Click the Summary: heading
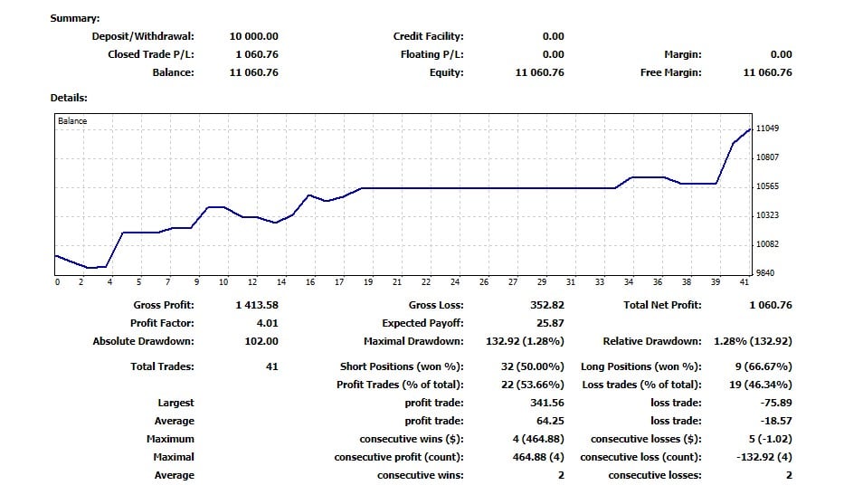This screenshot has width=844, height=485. point(75,18)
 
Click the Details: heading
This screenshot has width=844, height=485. point(69,97)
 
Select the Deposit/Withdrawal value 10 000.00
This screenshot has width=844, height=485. point(253,36)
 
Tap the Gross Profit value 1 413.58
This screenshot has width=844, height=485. point(256,305)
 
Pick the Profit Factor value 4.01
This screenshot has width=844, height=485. point(266,323)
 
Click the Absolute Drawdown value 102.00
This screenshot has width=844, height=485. point(261,341)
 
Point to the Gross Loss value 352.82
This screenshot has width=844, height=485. point(546,305)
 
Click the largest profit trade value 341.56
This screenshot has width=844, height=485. point(545,403)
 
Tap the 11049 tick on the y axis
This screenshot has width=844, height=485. point(767,128)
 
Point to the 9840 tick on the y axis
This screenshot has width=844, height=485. point(764,273)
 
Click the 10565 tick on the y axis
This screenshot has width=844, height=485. point(767,186)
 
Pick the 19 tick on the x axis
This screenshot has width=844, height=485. point(367,282)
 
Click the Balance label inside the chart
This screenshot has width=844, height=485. point(72,120)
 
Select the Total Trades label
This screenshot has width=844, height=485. point(162,366)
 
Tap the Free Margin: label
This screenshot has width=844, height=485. point(670,72)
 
